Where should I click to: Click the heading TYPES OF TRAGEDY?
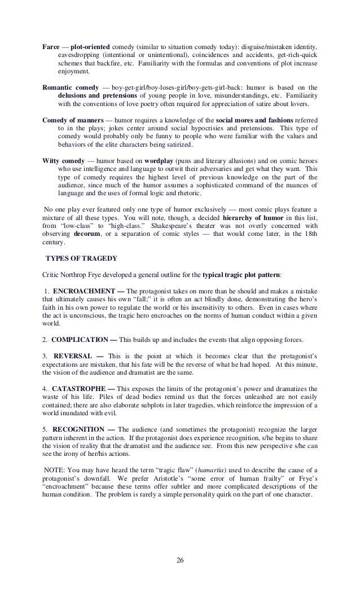[81, 259]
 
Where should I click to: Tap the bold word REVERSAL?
[73, 357]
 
